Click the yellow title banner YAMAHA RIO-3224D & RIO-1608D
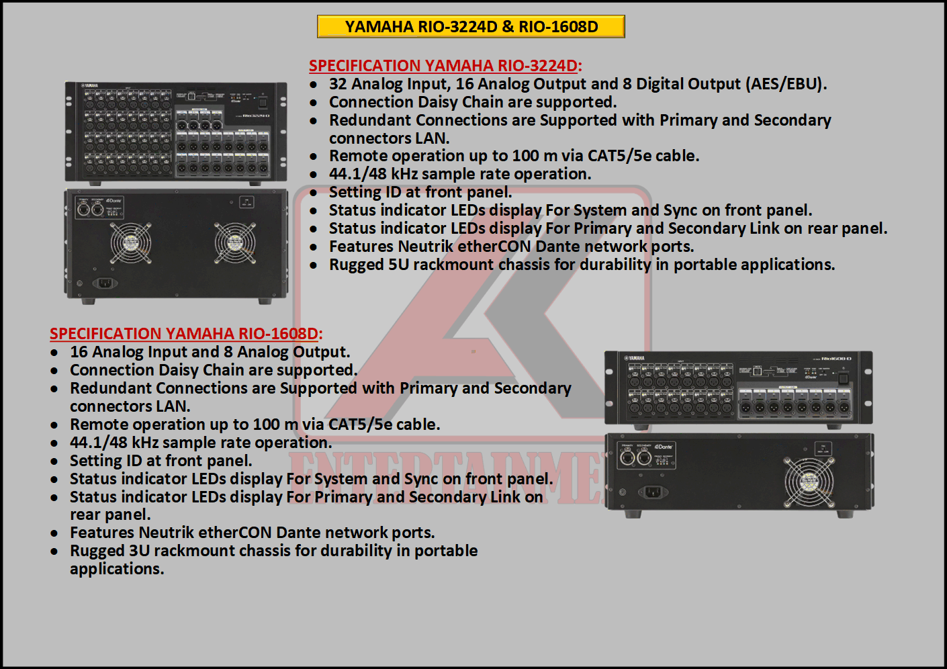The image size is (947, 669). coord(471,27)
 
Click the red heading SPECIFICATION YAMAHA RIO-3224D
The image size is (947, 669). coord(445,66)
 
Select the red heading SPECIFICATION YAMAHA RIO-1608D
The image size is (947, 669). coord(186,334)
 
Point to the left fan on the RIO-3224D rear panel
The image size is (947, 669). coord(131,243)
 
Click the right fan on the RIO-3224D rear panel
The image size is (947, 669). coord(235,243)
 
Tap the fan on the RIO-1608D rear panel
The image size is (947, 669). coord(809,482)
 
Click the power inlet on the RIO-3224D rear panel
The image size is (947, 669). coord(105,283)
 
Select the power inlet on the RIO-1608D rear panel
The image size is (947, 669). coord(653,492)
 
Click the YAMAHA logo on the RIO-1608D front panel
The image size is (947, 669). coord(635,358)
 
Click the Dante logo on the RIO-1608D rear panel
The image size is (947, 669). coord(664,447)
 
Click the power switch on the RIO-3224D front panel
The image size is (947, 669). coord(263,102)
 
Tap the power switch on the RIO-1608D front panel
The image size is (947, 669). coord(843,377)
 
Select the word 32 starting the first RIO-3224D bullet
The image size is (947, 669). coord(338,84)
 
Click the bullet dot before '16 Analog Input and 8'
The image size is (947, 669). coord(54,353)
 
